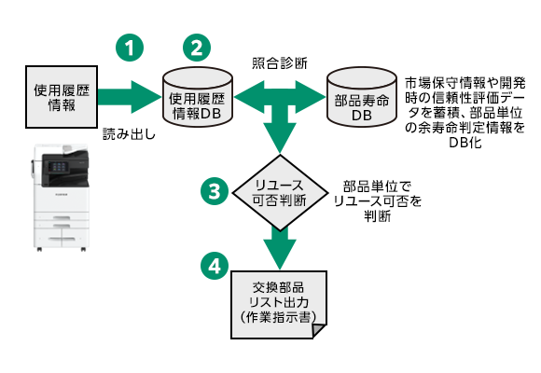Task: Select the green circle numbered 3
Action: pos(215,191)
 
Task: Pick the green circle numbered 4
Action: pos(215,265)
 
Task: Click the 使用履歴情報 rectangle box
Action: pos(61,97)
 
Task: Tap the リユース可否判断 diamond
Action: pos(277,190)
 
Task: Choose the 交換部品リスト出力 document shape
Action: pos(278,300)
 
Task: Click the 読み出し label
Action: pos(127,134)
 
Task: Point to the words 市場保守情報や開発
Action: pos(465,81)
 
